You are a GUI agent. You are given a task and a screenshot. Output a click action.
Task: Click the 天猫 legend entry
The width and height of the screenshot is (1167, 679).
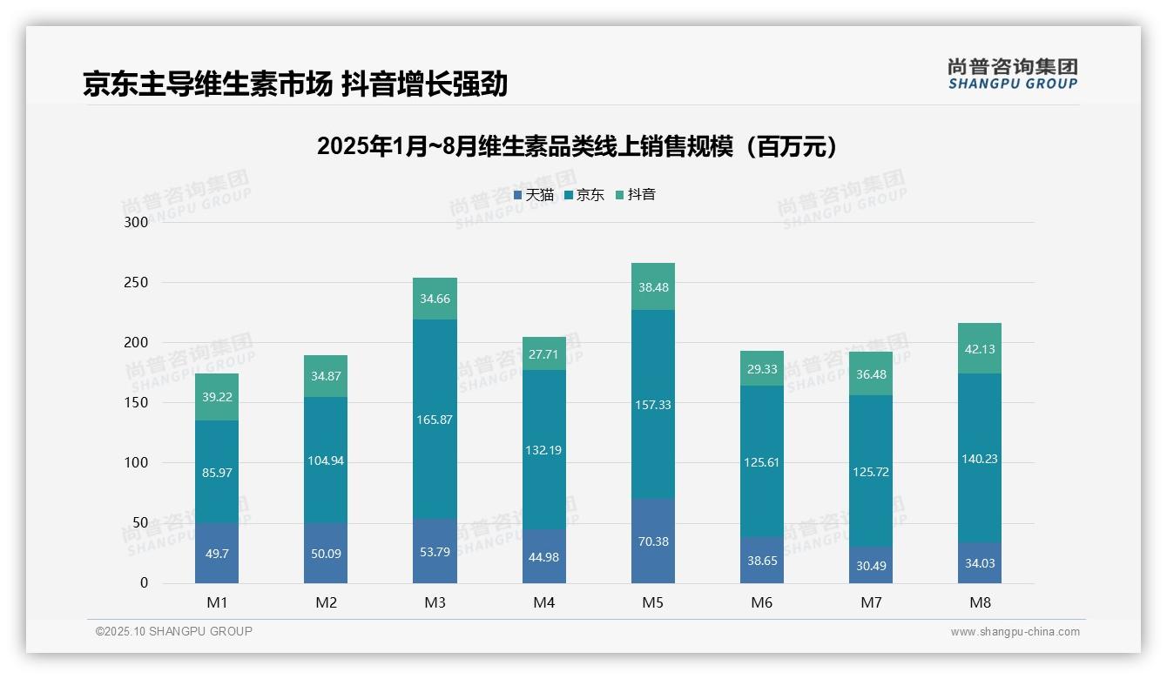[534, 195]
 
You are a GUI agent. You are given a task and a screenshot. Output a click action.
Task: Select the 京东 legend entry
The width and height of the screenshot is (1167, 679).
[584, 195]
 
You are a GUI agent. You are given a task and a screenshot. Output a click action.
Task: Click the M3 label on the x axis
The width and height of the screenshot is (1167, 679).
[435, 602]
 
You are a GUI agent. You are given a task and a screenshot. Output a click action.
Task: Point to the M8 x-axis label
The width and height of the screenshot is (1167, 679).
[980, 602]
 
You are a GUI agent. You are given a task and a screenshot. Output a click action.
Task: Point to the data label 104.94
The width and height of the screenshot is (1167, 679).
[326, 461]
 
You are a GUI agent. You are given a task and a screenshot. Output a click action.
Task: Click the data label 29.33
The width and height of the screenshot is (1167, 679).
[762, 369]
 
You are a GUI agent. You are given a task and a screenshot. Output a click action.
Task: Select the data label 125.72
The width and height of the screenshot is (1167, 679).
[871, 472]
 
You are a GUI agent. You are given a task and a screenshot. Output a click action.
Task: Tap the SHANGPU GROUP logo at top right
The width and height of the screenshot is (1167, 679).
[1012, 74]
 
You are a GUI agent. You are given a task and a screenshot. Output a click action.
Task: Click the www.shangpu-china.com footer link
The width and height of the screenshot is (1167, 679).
[1015, 632]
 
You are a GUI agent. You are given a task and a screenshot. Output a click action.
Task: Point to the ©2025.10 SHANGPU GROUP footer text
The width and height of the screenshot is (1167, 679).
[174, 631]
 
